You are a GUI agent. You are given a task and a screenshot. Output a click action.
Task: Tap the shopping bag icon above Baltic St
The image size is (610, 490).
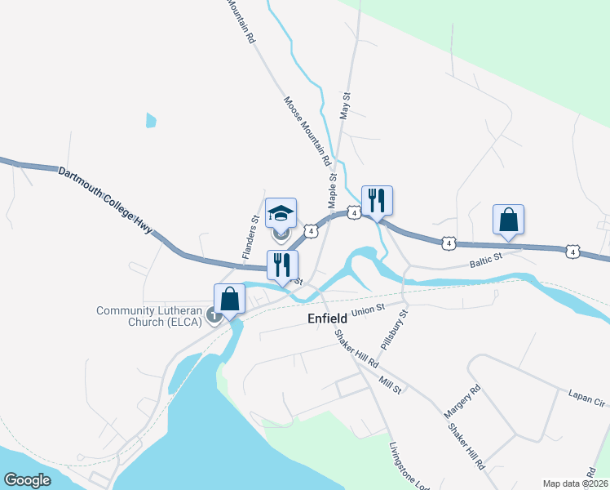pyautogui.click(x=508, y=219)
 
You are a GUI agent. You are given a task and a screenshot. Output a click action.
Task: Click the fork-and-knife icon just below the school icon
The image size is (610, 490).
pyautogui.click(x=282, y=265)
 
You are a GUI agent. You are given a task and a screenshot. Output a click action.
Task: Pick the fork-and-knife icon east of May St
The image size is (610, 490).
pyautogui.click(x=377, y=200)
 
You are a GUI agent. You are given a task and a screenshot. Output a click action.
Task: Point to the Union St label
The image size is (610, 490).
pyautogui.click(x=369, y=310)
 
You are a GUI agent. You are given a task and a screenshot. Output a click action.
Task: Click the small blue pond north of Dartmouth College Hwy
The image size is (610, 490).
pyautogui.click(x=150, y=120)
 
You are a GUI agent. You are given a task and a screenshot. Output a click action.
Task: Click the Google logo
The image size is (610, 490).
pyautogui.click(x=27, y=479)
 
